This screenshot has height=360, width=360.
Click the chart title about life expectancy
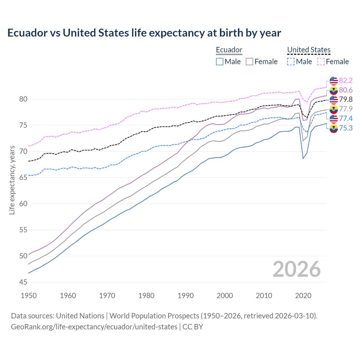[144, 33]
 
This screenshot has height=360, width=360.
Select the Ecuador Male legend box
[220, 62]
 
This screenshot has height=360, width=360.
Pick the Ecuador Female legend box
[249, 62]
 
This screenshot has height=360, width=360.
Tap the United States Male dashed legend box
[291, 62]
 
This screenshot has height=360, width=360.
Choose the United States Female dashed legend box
[321, 62]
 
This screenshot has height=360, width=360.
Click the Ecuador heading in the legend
[229, 50]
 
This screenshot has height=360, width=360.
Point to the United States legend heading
[309, 50]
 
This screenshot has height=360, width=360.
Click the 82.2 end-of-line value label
[346, 80]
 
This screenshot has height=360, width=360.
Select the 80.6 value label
[346, 90]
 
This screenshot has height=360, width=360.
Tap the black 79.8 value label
[346, 99]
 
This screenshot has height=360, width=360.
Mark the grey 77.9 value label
[346, 109]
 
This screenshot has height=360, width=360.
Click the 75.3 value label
[346, 128]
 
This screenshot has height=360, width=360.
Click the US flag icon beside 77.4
[334, 118]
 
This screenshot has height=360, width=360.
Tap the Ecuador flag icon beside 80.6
[334, 90]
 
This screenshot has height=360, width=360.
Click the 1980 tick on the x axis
[146, 296]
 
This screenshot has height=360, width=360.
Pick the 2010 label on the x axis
[264, 296]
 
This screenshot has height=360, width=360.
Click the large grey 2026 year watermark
[296, 269]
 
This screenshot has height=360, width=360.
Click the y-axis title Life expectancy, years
[12, 180]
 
